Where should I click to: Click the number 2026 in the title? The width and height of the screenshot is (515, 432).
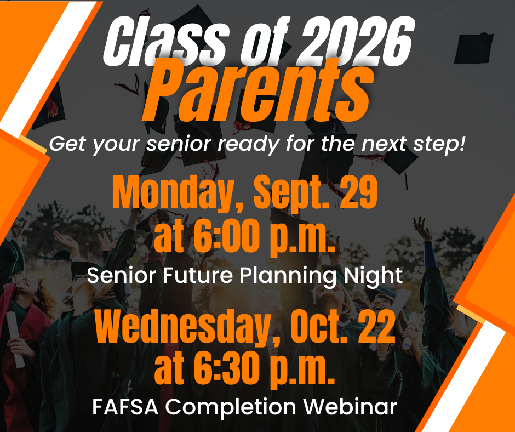(x=356, y=42)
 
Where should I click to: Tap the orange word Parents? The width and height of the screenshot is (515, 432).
(x=258, y=91)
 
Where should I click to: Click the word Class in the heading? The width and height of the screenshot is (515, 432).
(x=165, y=42)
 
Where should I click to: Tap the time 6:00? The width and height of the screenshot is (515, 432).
(x=224, y=236)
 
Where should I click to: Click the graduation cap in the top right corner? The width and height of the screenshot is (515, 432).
(x=473, y=48)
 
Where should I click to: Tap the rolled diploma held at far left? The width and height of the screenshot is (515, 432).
(x=15, y=339)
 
